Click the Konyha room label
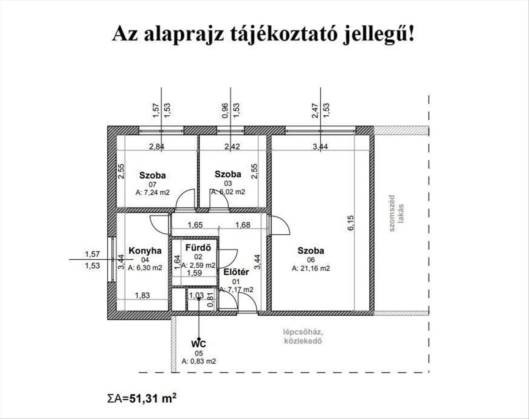click(x=145, y=251)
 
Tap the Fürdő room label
click(x=198, y=247)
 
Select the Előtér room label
click(x=236, y=272)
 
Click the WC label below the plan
click(x=199, y=344)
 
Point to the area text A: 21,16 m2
click(x=311, y=269)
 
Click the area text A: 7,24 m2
click(x=153, y=192)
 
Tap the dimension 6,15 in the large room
click(x=350, y=223)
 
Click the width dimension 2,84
click(x=157, y=146)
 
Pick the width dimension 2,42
click(x=232, y=146)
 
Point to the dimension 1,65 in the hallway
click(x=195, y=225)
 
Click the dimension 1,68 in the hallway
click(x=242, y=225)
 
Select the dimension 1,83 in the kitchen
click(x=142, y=295)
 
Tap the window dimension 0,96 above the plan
click(x=225, y=110)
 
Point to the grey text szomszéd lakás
click(x=396, y=213)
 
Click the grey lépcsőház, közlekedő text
click(x=303, y=337)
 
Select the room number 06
click(x=311, y=260)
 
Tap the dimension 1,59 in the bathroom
click(x=194, y=273)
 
